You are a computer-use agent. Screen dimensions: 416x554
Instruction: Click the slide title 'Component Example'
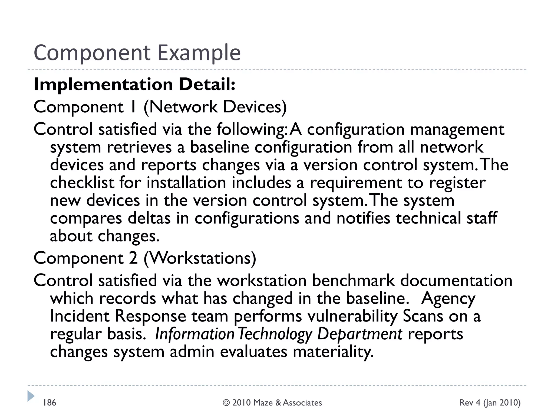[x=137, y=53]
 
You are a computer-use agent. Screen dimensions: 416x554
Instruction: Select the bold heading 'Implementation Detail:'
[x=134, y=84]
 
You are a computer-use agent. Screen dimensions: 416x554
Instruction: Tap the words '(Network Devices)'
[x=215, y=107]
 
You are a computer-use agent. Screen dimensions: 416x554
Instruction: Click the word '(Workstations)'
[x=200, y=258]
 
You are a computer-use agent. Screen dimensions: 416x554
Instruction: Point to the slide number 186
[x=50, y=403]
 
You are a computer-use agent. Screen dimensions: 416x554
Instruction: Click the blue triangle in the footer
[x=31, y=396]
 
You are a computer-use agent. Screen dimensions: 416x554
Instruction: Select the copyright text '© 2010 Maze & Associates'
[x=272, y=403]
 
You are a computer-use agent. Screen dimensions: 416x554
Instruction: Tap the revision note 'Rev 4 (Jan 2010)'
[x=490, y=403]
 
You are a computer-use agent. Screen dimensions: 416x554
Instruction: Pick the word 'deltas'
[x=149, y=218]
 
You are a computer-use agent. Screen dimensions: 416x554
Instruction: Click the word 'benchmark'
[x=353, y=281]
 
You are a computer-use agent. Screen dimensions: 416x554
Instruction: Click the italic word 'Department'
[x=360, y=334]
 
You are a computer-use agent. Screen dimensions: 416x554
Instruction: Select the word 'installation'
[x=186, y=183]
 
